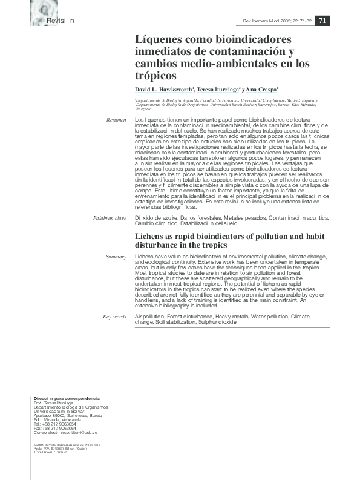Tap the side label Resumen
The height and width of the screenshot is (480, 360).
point(116,120)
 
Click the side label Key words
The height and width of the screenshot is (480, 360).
point(114,317)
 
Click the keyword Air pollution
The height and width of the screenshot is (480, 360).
point(149,317)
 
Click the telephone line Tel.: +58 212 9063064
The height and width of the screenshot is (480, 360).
point(55,424)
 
